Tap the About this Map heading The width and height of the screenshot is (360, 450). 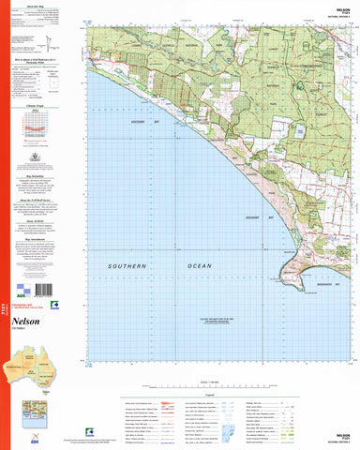click(47, 7)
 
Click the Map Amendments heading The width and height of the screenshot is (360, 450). click(47, 235)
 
